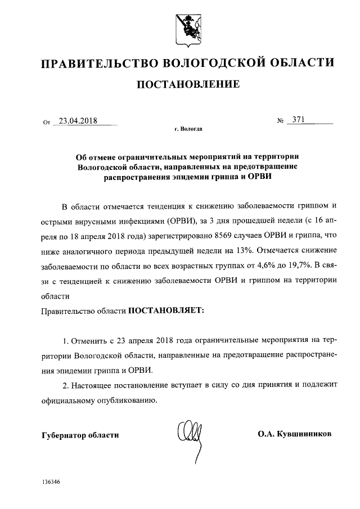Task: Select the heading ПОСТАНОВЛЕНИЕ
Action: coord(180,85)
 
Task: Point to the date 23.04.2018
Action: coord(78,120)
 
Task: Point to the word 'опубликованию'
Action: coord(121,401)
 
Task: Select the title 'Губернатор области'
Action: coord(80,435)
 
